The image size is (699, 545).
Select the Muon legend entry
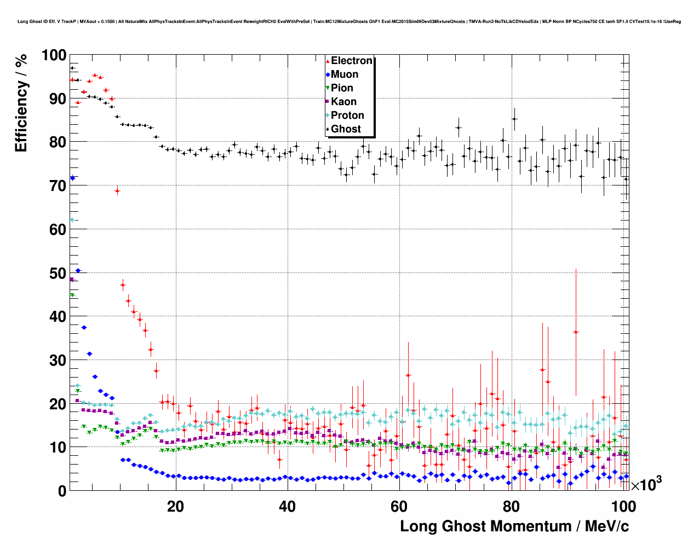pos(344,74)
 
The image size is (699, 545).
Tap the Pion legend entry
pos(342,88)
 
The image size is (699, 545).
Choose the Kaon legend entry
pos(343,102)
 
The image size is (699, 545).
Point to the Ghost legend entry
pos(346,129)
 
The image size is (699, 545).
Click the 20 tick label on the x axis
pos(175,507)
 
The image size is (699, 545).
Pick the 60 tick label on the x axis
pos(399,507)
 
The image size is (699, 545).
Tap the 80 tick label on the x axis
pos(511,507)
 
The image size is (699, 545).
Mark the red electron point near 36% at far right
pos(576,332)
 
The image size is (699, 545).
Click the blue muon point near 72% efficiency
pos(72,178)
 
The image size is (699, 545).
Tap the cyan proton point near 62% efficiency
pos(72,220)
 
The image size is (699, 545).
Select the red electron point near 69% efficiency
pos(117,190)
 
